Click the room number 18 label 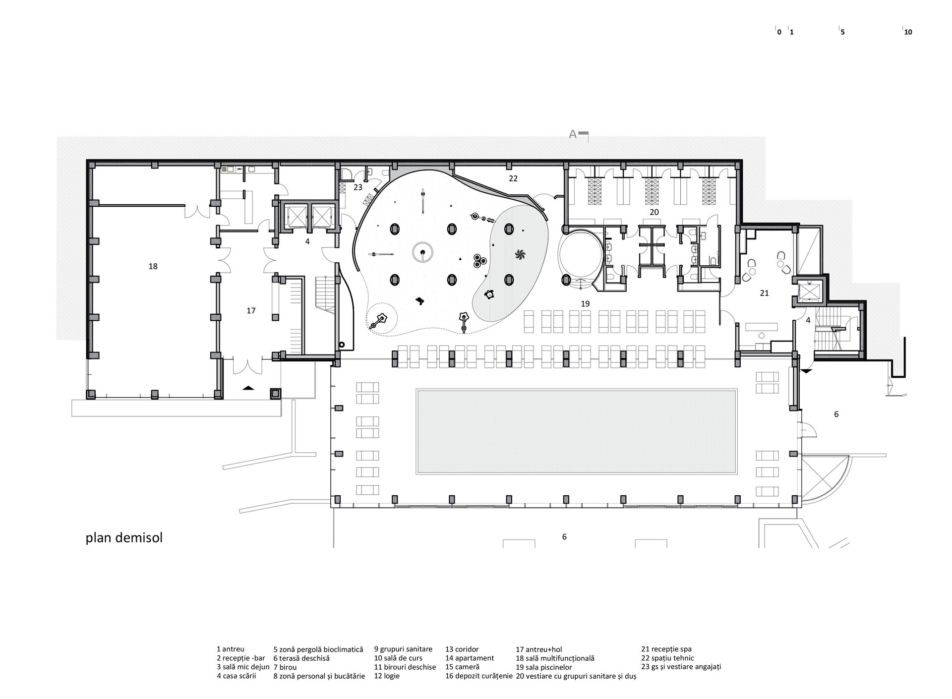click(153, 266)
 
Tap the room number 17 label click(251, 310)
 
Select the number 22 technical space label click(513, 178)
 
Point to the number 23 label click(358, 187)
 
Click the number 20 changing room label click(654, 212)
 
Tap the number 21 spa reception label click(764, 293)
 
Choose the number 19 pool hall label click(585, 303)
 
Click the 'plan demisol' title click(124, 538)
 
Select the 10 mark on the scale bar click(908, 32)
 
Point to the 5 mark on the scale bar click(842, 32)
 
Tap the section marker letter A click(573, 134)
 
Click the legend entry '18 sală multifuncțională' click(555, 658)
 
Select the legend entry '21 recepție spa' click(666, 649)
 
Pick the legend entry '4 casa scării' click(237, 676)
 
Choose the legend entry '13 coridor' click(462, 649)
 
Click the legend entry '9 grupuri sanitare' click(403, 649)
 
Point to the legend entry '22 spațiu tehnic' click(667, 658)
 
